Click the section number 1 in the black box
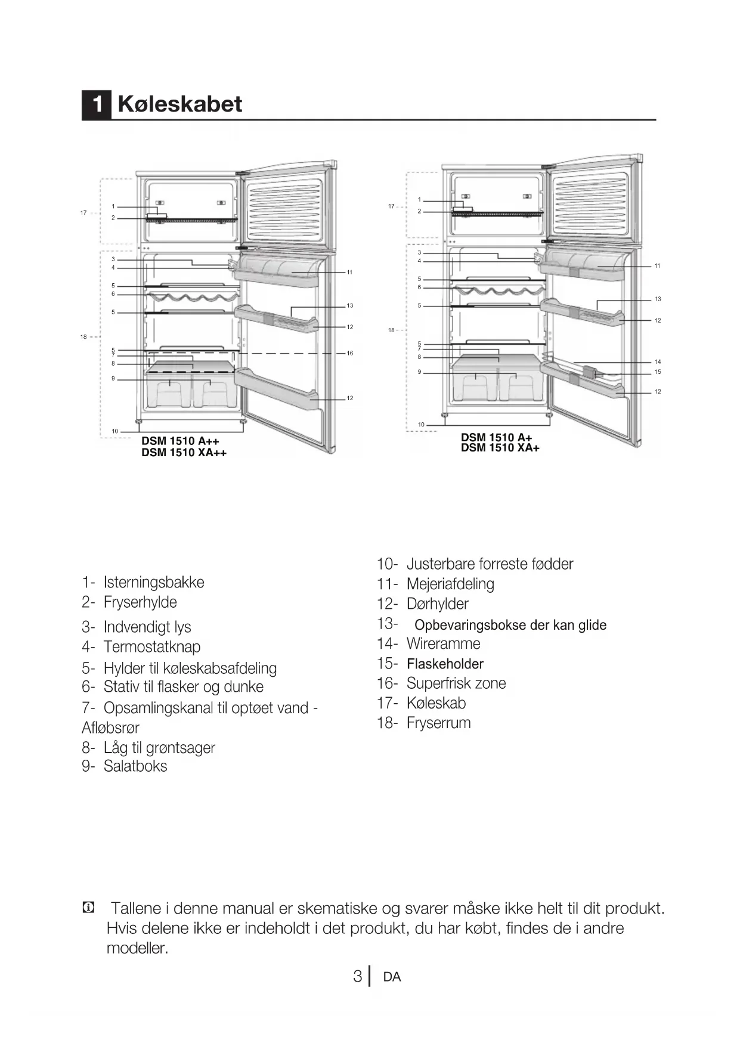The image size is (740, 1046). coord(97,105)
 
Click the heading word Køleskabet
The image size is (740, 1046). coord(179,104)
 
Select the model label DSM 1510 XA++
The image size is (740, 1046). coord(184,453)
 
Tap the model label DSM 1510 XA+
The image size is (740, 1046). coord(500,448)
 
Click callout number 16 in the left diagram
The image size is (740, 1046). coord(350,353)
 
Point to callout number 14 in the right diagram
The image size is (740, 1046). coord(658,362)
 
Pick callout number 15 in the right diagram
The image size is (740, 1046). coord(658,372)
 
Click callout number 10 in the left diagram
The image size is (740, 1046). coord(115,431)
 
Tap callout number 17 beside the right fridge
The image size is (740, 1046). coord(391,206)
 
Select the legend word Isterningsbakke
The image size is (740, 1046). coord(154,583)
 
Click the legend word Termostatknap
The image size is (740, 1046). coord(152,647)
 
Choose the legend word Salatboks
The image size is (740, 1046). coord(135,766)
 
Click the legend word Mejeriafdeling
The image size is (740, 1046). coord(450,584)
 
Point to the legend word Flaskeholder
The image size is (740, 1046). coord(445,664)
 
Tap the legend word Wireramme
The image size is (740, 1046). coord(443,644)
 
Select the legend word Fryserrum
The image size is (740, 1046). coord(438,723)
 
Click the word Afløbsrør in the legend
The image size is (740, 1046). coord(110,728)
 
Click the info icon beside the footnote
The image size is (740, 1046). coord(88,908)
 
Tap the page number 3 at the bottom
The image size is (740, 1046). coord(357,977)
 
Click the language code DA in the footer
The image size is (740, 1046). coord(392,977)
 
